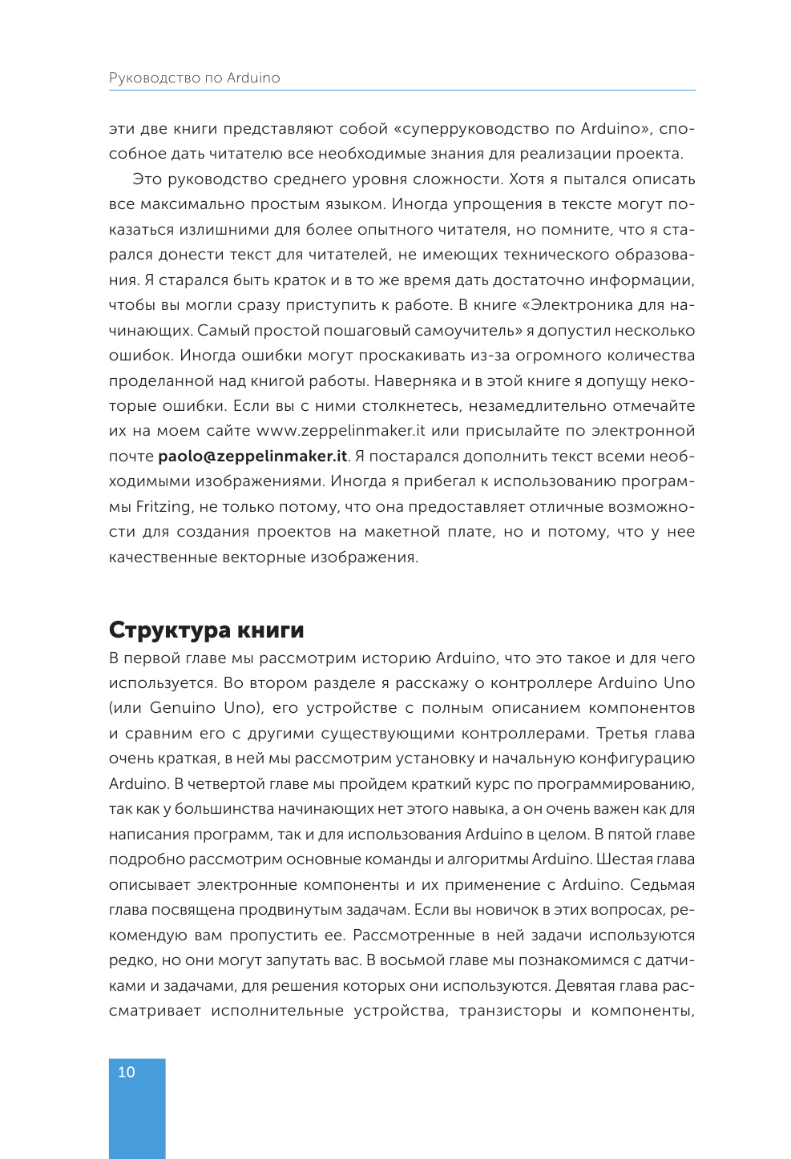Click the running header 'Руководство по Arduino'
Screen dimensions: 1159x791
click(194, 78)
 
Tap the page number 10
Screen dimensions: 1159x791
click(127, 1072)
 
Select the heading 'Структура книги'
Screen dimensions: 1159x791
click(206, 630)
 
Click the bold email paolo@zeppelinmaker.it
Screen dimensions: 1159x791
click(252, 456)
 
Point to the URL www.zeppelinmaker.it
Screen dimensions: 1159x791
click(341, 431)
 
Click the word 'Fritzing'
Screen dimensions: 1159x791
click(163, 506)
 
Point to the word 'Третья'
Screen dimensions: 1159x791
click(621, 734)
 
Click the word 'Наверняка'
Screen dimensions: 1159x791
click(414, 380)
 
